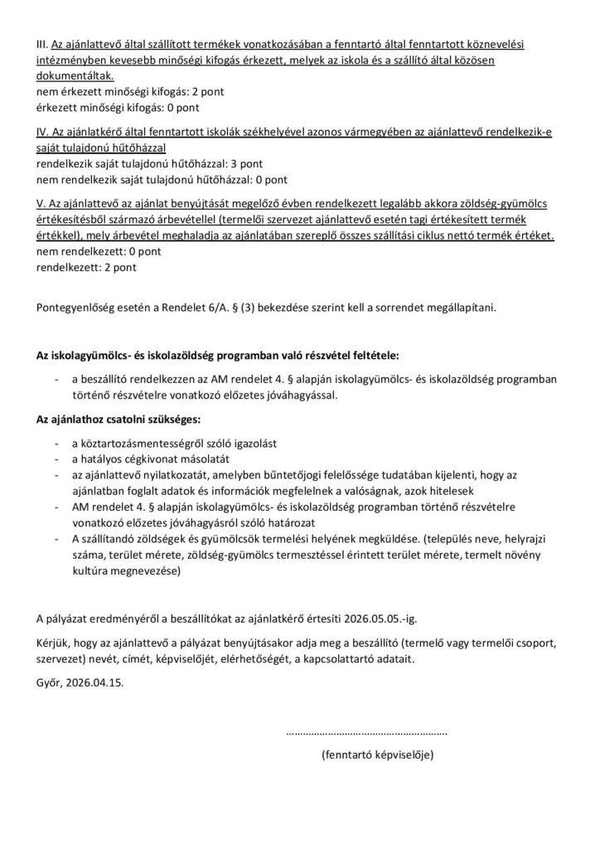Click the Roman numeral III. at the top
tap(42, 43)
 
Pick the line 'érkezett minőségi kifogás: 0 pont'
tap(118, 107)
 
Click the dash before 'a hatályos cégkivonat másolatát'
tap(55, 458)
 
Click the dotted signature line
tap(366, 733)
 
